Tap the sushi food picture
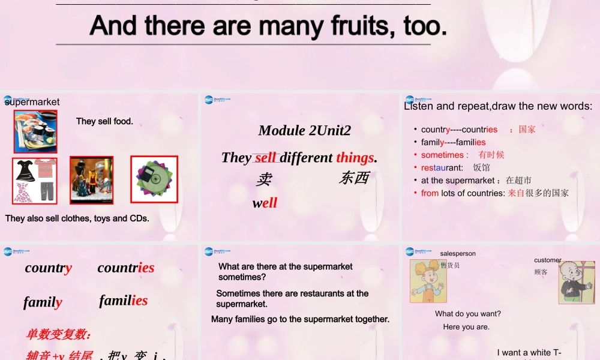(35, 131)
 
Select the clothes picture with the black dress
(35, 180)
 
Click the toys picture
(91, 180)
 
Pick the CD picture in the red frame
(154, 179)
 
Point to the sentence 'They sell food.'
(104, 121)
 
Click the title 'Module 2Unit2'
(304, 130)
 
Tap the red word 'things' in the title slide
(355, 157)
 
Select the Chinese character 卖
(264, 179)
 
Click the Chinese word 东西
(354, 178)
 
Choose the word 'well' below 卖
(265, 203)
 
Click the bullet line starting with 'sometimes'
(463, 155)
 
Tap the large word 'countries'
(126, 268)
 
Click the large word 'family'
(43, 302)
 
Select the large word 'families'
(123, 300)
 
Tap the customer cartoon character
(577, 282)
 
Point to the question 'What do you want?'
(468, 314)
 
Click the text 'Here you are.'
(466, 327)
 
